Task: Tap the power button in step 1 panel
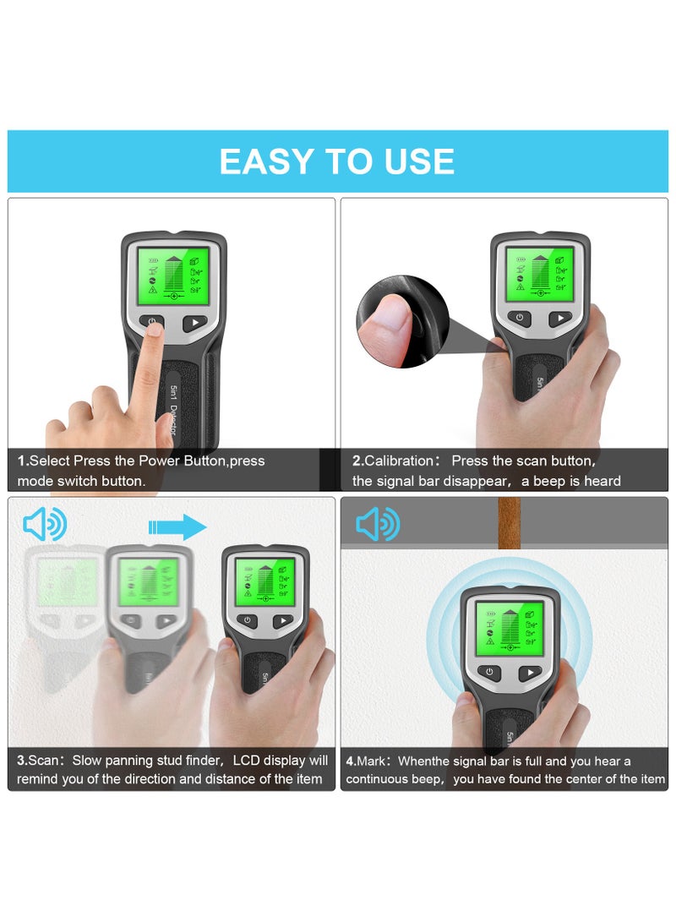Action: tap(153, 322)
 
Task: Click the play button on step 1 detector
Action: tap(195, 322)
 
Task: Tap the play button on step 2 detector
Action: tap(559, 319)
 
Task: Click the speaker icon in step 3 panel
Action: tap(45, 526)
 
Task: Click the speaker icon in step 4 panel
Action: tap(377, 525)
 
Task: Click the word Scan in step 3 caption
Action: tap(43, 761)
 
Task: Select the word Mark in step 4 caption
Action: tap(374, 761)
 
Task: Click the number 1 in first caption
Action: tap(22, 461)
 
